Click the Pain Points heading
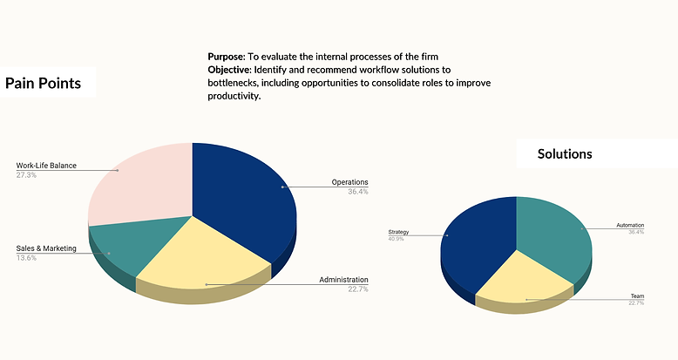pyautogui.click(x=44, y=83)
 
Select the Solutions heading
pyautogui.click(x=565, y=153)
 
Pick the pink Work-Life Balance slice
pyautogui.click(x=139, y=183)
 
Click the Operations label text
pyautogui.click(x=350, y=182)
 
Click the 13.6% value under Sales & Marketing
pyautogui.click(x=26, y=258)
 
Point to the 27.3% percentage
pyautogui.click(x=26, y=174)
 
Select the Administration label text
pyautogui.click(x=343, y=280)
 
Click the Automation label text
pyautogui.click(x=630, y=225)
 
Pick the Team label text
pyautogui.click(x=637, y=296)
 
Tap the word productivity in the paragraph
pyautogui.click(x=234, y=97)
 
